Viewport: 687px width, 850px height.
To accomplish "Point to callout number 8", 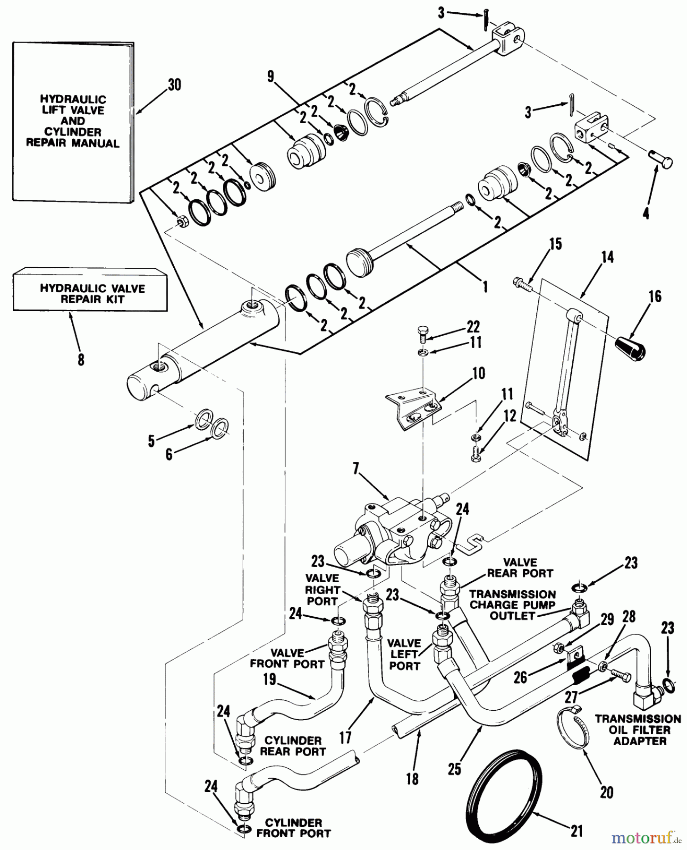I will (x=81, y=360).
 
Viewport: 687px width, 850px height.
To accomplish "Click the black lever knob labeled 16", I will (x=632, y=348).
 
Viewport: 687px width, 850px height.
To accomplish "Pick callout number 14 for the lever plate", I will (x=607, y=258).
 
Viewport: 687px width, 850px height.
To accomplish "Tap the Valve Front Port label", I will (x=288, y=658).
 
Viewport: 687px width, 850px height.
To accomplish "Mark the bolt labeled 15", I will (x=522, y=285).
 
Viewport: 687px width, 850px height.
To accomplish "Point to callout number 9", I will (x=271, y=77).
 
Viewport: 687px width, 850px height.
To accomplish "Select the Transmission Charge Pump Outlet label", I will (x=512, y=605).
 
